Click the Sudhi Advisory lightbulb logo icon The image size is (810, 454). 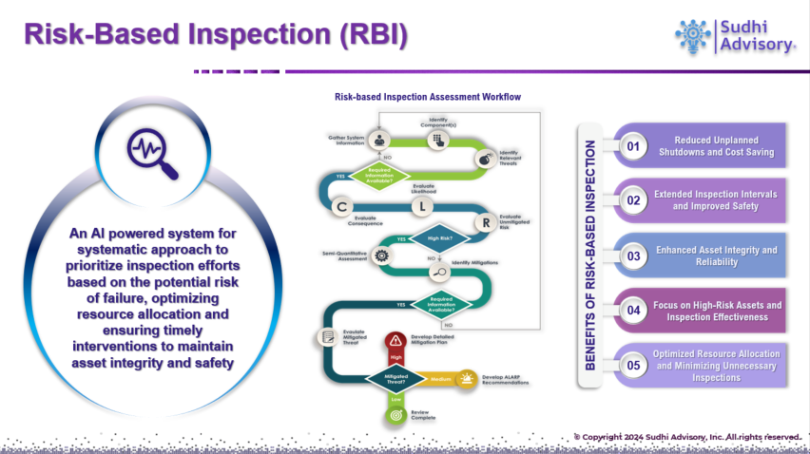click(x=692, y=34)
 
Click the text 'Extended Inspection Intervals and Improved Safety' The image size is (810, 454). click(x=715, y=200)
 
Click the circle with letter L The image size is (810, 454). click(x=423, y=206)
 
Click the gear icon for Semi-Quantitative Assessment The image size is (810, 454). click(x=381, y=255)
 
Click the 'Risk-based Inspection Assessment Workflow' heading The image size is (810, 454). click(x=427, y=97)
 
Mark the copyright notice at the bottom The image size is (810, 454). click(x=685, y=436)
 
